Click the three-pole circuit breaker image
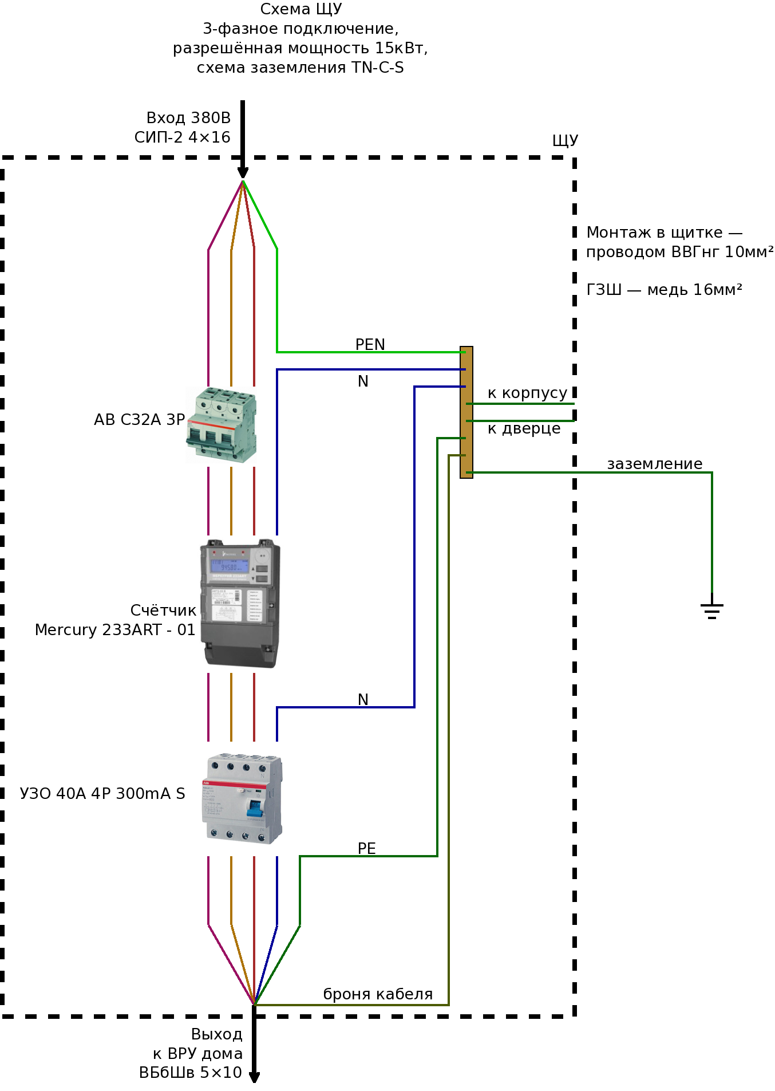pos(221,425)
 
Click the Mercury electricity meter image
pos(240,604)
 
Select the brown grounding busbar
pos(466,412)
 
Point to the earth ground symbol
pos(712,611)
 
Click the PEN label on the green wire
pos(370,345)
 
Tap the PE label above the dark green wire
pos(367,849)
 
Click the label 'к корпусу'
pos(527,393)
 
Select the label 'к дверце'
pos(524,429)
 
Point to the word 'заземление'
pos(655,464)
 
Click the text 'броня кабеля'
pos(378,994)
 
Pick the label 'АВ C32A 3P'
pos(139,420)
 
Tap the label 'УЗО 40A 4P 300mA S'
pos(102,794)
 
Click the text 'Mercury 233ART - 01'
pos(115,630)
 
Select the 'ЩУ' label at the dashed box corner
pos(565,141)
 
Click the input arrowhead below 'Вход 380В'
pos(243,173)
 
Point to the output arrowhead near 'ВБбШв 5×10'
pos(254,1077)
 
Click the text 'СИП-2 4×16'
pos(182,137)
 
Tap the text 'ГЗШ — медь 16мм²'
pos(664,290)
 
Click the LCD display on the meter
pos(230,566)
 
